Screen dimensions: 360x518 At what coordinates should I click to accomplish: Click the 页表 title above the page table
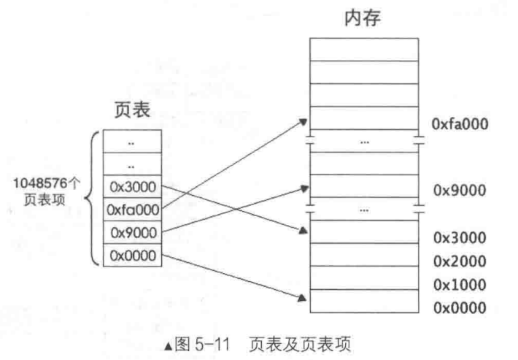(x=133, y=111)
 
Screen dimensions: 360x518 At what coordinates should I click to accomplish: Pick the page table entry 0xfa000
(x=132, y=210)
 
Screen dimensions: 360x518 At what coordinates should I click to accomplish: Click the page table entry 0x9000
(x=132, y=233)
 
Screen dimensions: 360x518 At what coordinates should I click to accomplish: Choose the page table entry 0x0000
(x=132, y=256)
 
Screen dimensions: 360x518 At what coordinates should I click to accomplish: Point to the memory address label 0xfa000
(x=460, y=124)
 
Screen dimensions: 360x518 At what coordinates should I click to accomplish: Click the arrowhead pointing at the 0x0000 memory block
(x=302, y=296)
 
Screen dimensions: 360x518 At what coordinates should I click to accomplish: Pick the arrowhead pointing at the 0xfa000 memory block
(x=302, y=119)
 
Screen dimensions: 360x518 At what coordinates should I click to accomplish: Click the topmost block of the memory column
(x=363, y=49)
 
